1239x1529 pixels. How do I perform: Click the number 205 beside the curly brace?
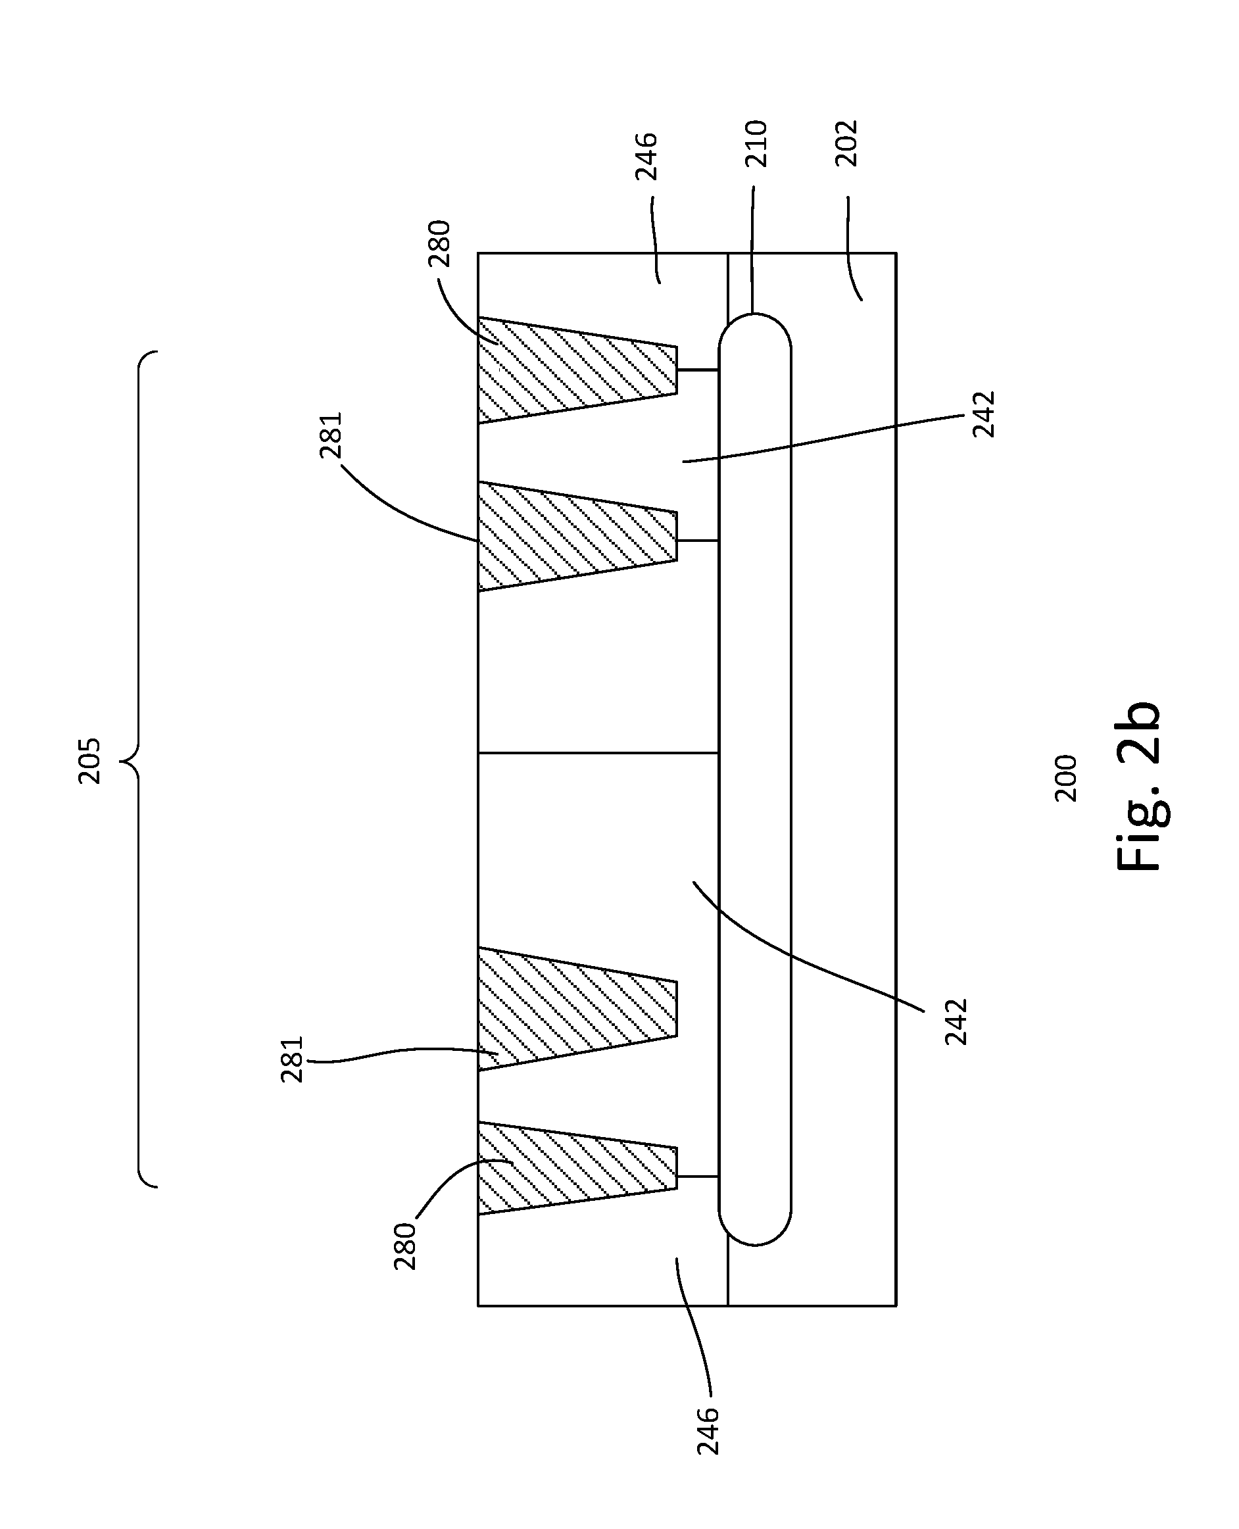(x=90, y=762)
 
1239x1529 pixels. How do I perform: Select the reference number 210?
(x=756, y=144)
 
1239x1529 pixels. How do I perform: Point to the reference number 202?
(x=846, y=144)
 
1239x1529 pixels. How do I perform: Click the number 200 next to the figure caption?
(x=1065, y=778)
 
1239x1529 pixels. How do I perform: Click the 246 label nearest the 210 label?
(x=646, y=157)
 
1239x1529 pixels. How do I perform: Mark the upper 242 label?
(x=983, y=414)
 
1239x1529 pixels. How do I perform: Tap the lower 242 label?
(x=956, y=1022)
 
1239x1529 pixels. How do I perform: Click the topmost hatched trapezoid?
(x=571, y=370)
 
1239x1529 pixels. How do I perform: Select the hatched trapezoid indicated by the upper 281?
(x=571, y=536)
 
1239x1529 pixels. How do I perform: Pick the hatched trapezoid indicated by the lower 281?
(x=571, y=1008)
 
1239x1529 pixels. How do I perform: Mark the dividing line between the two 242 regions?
(x=598, y=753)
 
